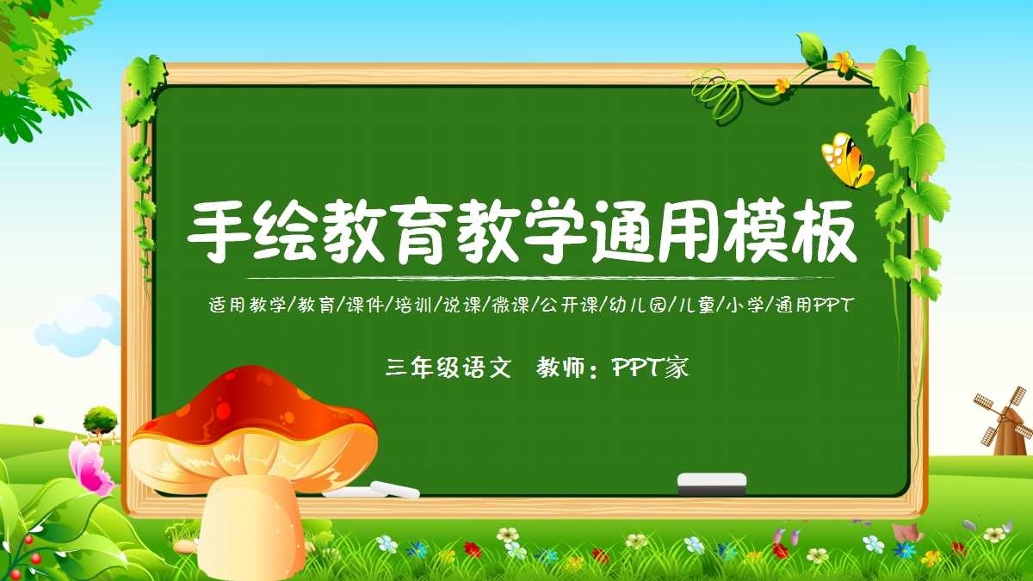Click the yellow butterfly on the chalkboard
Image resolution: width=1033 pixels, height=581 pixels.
point(846,161)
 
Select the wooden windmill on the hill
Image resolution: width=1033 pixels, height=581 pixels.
point(1002,423)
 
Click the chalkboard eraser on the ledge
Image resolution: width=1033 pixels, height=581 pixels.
point(711,483)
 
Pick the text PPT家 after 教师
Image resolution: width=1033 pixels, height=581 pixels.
point(650,368)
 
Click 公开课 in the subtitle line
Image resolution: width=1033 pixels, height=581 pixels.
point(565,305)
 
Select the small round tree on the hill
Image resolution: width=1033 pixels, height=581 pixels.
point(101,420)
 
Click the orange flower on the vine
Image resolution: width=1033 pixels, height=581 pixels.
point(843,61)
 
